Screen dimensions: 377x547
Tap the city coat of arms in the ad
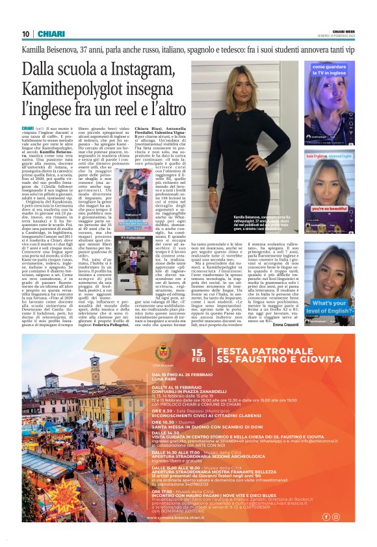click(162, 353)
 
